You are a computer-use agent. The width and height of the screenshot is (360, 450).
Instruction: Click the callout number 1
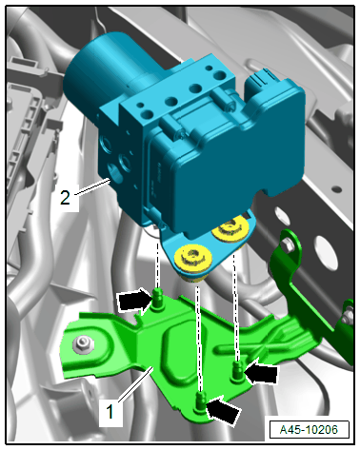tap(110, 412)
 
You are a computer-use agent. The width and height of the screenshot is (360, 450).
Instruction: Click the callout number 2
tap(65, 197)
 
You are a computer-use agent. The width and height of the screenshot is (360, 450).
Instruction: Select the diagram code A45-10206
tap(309, 430)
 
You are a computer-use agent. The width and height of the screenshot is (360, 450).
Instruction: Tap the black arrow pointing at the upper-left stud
tap(135, 301)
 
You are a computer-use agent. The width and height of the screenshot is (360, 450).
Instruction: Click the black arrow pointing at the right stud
tap(261, 373)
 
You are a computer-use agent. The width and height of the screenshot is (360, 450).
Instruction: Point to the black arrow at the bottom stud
tap(223, 411)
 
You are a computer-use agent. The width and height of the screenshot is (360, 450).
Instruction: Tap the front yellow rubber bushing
tap(193, 259)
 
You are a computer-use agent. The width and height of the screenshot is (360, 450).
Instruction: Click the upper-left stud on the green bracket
tap(157, 299)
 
